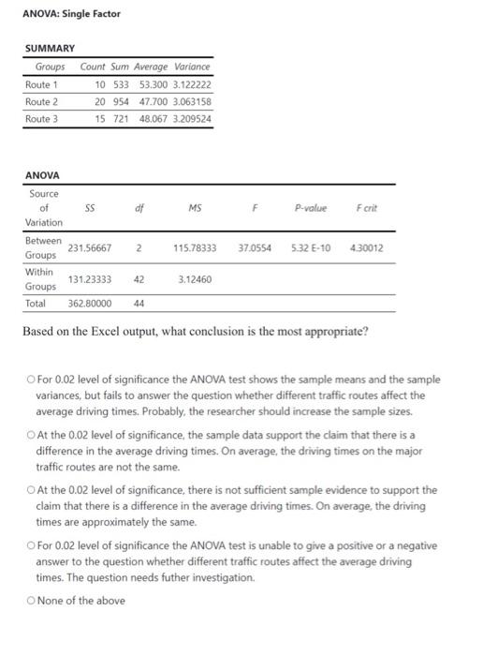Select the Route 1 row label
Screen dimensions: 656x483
pyautogui.click(x=41, y=83)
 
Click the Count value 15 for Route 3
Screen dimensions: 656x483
pyautogui.click(x=100, y=119)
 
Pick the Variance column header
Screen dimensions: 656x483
pyautogui.click(x=193, y=67)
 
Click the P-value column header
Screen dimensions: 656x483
pyautogui.click(x=310, y=207)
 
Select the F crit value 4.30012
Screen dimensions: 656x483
pyautogui.click(x=366, y=248)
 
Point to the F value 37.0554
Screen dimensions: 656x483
pyautogui.click(x=256, y=248)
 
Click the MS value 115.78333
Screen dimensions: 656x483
pyautogui.click(x=195, y=248)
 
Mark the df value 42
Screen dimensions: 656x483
pyautogui.click(x=139, y=279)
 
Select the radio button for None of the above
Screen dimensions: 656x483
pyautogui.click(x=31, y=600)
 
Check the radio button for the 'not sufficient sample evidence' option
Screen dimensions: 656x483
pyautogui.click(x=31, y=490)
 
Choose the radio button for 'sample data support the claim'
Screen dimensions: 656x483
pyautogui.click(x=31, y=436)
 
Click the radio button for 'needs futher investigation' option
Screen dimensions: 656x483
pyautogui.click(x=31, y=545)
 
